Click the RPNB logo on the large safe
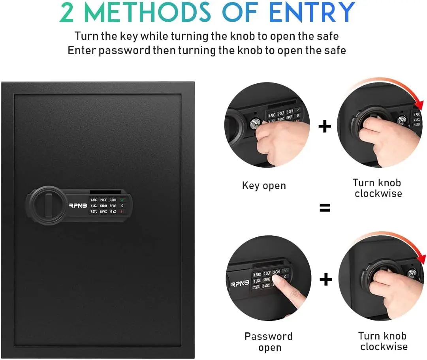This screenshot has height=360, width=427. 77,205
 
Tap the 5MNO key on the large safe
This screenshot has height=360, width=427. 103,206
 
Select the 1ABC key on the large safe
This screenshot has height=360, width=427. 94,200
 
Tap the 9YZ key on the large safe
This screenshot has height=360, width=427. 113,212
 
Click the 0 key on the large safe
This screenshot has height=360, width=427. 122,206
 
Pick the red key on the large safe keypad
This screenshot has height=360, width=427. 122,212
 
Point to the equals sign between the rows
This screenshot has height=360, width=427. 325,208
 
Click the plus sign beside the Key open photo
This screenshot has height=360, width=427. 325,127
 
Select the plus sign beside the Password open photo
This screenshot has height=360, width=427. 326,280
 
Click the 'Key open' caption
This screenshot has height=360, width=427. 264,186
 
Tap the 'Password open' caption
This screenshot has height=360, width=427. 269,342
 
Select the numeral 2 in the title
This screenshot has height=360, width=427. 67,13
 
